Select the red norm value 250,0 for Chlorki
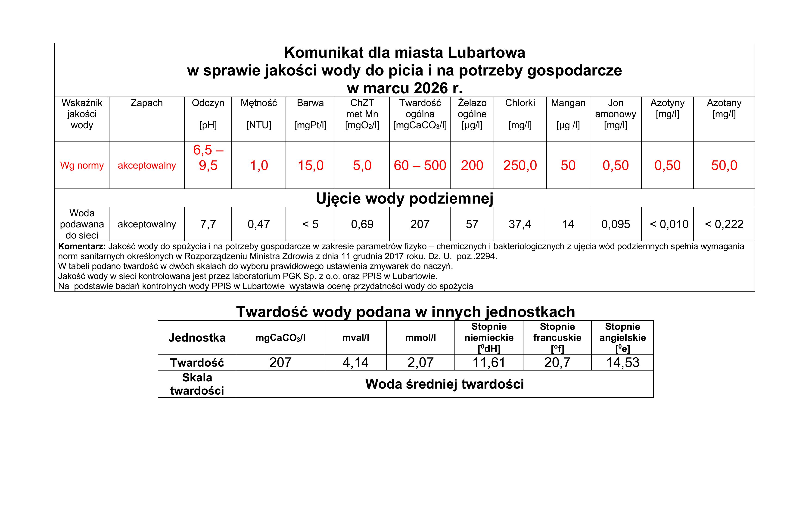520,165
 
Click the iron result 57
472,224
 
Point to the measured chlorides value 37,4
520,224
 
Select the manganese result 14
568,224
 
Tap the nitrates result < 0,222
724,224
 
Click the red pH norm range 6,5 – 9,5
208,158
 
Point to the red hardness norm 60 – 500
420,165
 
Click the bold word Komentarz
82,247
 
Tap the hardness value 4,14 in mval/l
355,362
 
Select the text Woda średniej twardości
445,384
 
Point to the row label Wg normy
82,165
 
